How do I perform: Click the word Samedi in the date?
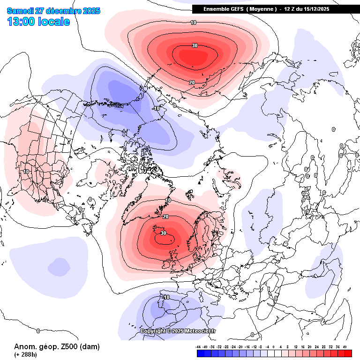[19, 11]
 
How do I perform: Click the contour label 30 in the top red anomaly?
[195, 45]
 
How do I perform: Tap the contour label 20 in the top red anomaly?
[192, 82]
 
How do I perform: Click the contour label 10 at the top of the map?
[193, 22]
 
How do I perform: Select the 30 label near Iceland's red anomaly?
[163, 233]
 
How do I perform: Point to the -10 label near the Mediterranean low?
[165, 297]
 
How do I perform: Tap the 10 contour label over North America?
[26, 172]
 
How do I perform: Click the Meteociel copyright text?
[178, 331]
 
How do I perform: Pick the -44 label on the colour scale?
[198, 347]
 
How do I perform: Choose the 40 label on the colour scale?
[345, 347]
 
